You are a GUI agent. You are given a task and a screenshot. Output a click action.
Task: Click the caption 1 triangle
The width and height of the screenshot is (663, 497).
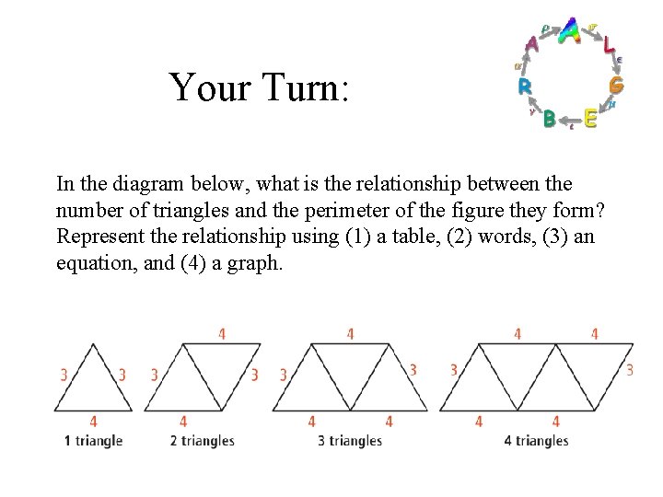coord(93,441)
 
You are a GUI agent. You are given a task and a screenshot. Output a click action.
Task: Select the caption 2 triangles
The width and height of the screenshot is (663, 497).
coord(203,441)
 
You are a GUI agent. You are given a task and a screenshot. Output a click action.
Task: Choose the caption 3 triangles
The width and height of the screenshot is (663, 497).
coord(349,441)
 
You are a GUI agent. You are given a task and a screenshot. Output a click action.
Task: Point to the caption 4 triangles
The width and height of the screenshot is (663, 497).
coord(536,441)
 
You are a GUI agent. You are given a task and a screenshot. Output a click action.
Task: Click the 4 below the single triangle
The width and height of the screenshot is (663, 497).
coord(94,422)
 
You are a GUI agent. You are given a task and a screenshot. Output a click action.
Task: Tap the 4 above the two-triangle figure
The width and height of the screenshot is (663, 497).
coord(222,334)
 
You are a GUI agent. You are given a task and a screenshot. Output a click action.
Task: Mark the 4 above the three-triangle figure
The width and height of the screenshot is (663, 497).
coord(350,334)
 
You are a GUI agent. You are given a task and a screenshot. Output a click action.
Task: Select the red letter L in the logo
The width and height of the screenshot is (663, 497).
coord(610,42)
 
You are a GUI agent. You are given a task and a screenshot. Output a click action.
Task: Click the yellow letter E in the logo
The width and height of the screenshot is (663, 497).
coord(590,119)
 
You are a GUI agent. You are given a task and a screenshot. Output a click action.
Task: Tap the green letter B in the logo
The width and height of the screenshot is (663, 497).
coord(549,119)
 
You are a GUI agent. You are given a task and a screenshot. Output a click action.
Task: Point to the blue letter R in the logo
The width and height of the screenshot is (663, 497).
coord(524,87)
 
